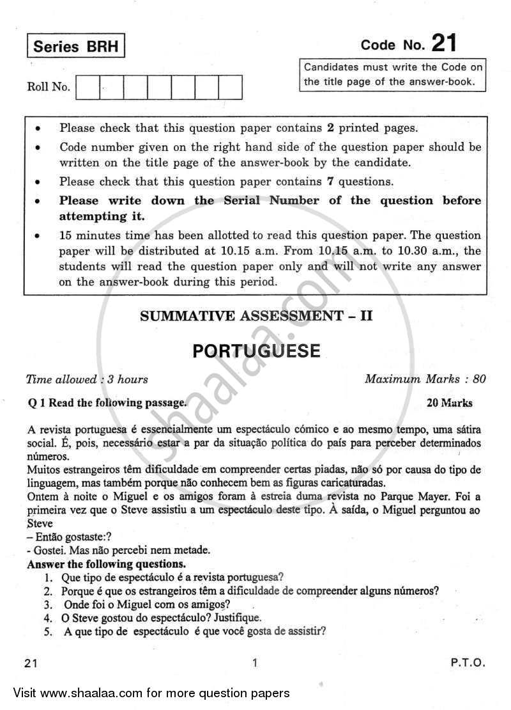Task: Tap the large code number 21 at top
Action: tap(444, 44)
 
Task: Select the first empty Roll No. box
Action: tap(88, 88)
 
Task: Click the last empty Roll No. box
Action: tap(231, 88)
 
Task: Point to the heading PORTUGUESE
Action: tap(255, 351)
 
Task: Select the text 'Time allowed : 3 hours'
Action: tap(87, 379)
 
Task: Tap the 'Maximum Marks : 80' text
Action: tap(425, 379)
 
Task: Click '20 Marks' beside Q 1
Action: tap(450, 403)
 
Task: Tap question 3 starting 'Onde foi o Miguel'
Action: tap(146, 604)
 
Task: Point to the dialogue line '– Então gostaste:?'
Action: tap(66, 537)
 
